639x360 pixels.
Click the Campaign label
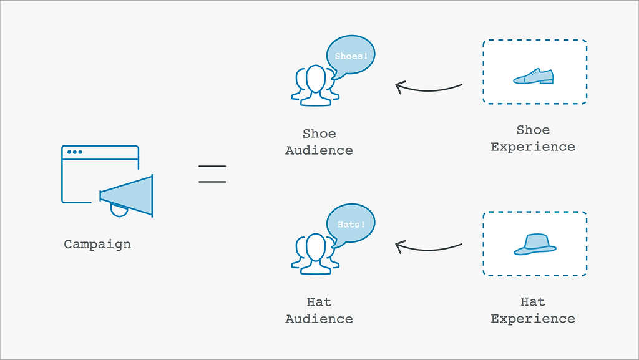(97, 245)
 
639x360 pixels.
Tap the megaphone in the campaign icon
(126, 197)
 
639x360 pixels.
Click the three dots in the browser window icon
(75, 152)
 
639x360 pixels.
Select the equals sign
(212, 174)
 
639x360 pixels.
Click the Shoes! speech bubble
(351, 56)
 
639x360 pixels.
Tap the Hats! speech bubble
(351, 225)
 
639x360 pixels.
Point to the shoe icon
(533, 76)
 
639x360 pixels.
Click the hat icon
(535, 245)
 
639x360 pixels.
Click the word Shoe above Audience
(319, 134)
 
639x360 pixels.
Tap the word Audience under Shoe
(319, 150)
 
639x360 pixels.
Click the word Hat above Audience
(319, 302)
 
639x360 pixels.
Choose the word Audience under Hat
(319, 319)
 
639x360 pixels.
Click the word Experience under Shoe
(533, 147)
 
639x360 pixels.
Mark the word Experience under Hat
(533, 318)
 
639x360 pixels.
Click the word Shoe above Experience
(533, 130)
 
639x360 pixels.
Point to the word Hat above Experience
(533, 302)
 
